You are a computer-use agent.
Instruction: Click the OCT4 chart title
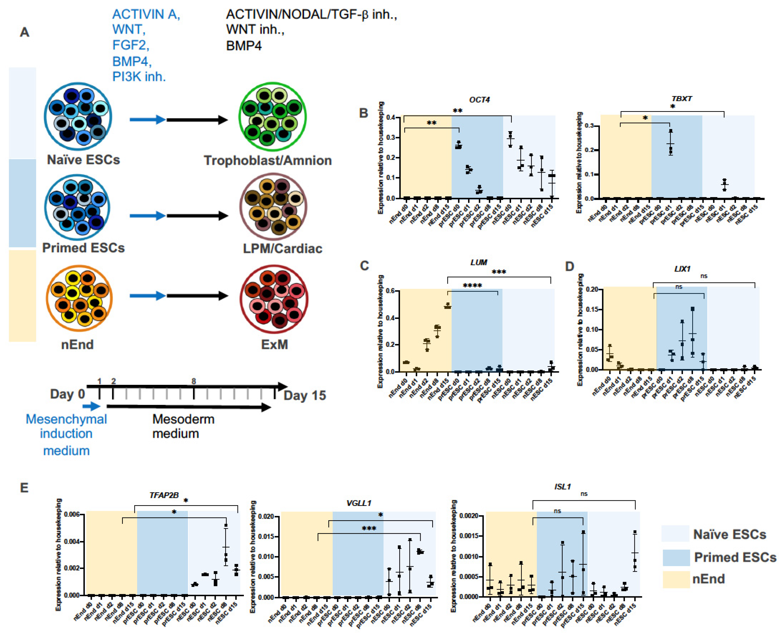click(479, 100)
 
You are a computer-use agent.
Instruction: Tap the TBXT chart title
click(682, 99)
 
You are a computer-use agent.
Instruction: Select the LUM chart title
click(479, 262)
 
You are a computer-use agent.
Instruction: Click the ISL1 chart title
click(562, 487)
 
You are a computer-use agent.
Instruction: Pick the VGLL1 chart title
click(359, 503)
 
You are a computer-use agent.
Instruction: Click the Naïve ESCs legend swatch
click(675, 534)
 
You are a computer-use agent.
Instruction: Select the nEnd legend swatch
click(676, 579)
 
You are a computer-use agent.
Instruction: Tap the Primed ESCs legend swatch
click(676, 557)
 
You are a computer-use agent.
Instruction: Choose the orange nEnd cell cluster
click(79, 298)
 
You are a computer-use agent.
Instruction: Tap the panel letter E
click(24, 488)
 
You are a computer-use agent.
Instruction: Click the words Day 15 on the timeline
click(305, 396)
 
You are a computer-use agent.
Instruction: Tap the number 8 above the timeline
click(194, 381)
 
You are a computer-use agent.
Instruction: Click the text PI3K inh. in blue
click(139, 77)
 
